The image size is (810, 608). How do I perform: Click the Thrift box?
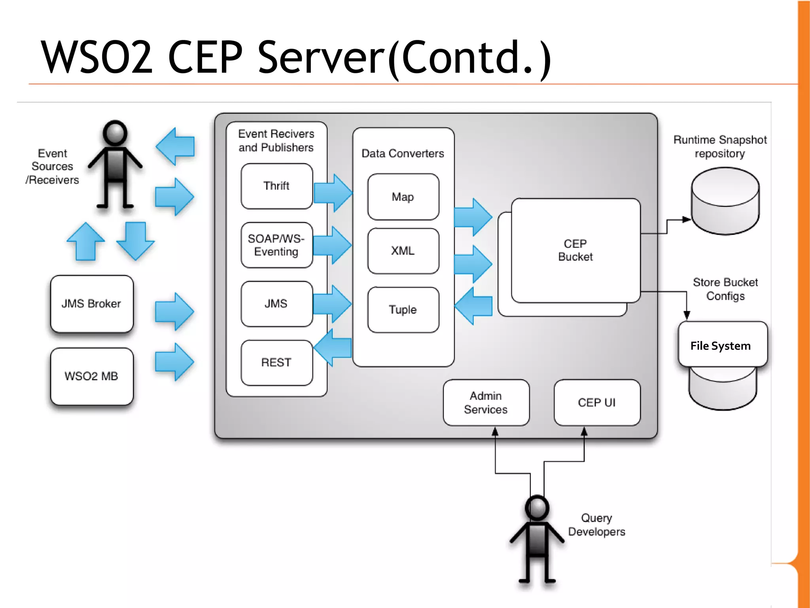(x=276, y=186)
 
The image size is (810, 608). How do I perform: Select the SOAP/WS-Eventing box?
(x=276, y=245)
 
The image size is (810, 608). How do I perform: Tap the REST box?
(x=276, y=362)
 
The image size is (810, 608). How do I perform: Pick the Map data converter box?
(x=403, y=197)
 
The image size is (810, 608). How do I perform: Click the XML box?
(x=403, y=251)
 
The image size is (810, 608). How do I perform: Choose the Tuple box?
(x=403, y=309)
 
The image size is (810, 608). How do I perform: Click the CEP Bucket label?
(x=575, y=250)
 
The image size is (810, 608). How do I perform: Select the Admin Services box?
(x=486, y=403)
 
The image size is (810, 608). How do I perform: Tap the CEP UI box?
(x=597, y=403)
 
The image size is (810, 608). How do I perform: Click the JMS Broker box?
(x=92, y=304)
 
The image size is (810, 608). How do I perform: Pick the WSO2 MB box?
(x=92, y=376)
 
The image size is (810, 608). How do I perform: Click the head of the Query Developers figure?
(x=537, y=508)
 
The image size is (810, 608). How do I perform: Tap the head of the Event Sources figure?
(x=115, y=133)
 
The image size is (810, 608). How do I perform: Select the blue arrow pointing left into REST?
(x=333, y=347)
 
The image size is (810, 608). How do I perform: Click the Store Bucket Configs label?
(x=725, y=289)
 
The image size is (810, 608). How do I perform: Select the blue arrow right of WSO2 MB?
(x=174, y=362)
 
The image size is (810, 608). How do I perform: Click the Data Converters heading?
(x=403, y=153)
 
